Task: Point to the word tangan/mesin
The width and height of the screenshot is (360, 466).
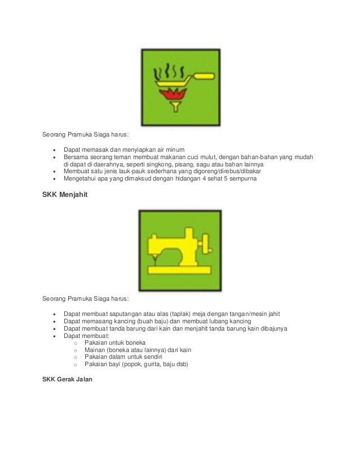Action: [x=248, y=314]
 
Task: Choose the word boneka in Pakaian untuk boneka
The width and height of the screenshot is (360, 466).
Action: [x=135, y=342]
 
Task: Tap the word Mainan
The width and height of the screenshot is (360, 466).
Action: [x=95, y=350]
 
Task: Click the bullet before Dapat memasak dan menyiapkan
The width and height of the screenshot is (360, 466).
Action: [x=54, y=150]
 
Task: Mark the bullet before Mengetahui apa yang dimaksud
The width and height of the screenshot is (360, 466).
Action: [x=54, y=179]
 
